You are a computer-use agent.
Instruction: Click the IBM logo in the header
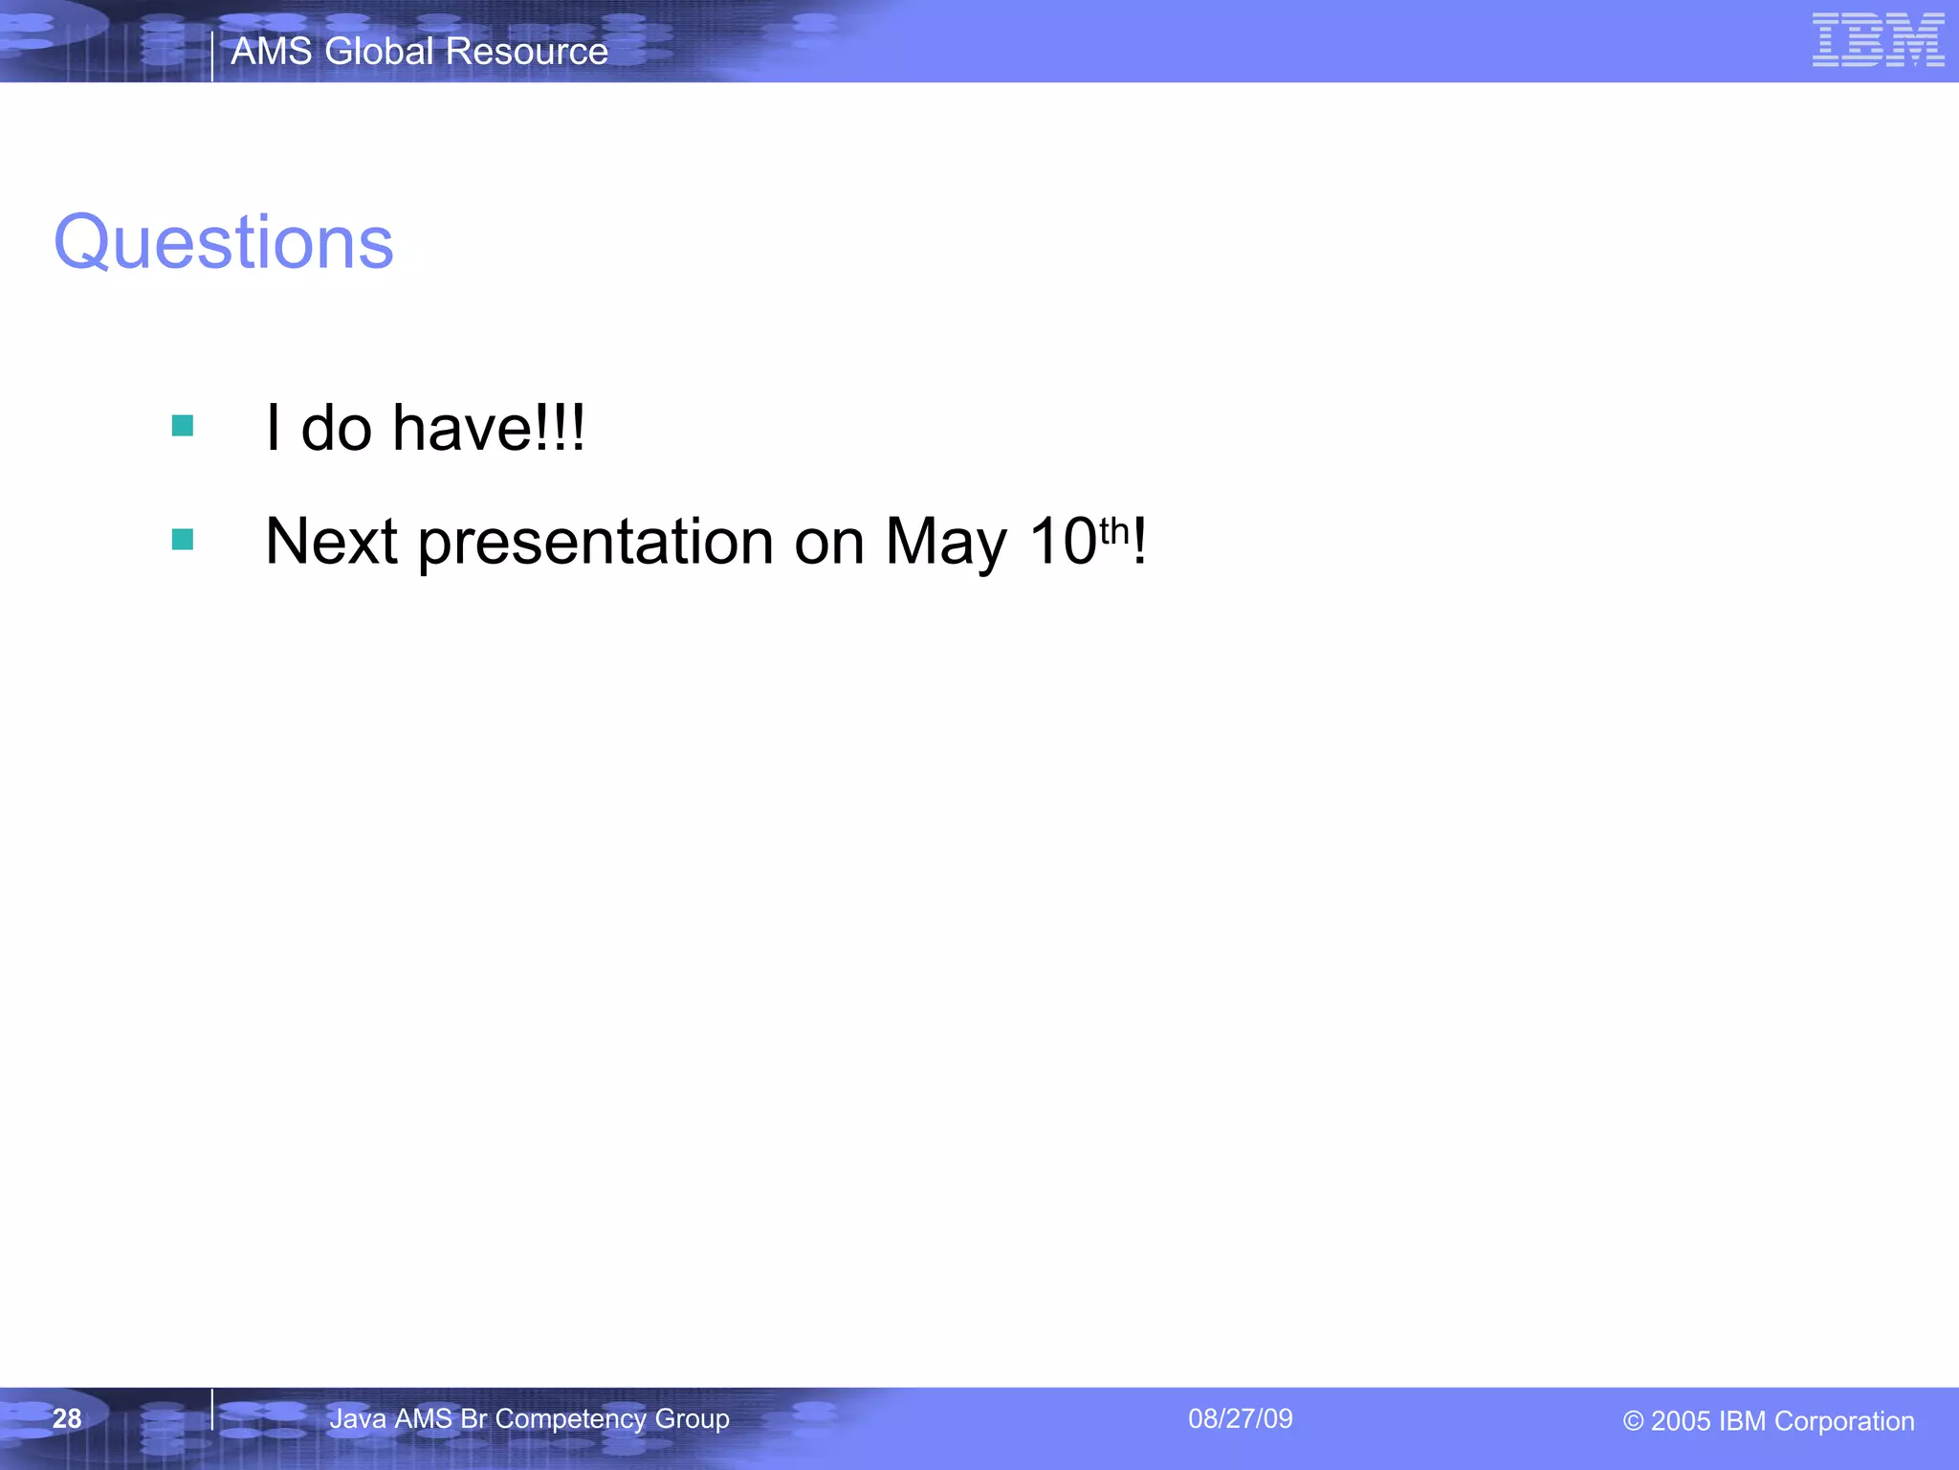point(1878,40)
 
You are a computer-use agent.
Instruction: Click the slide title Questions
point(223,242)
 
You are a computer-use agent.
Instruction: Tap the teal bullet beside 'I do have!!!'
point(183,426)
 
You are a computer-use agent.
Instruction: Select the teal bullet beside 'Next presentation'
point(183,540)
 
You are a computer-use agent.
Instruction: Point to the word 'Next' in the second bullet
point(331,542)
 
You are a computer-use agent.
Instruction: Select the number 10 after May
point(1063,542)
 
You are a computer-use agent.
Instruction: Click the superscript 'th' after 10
point(1114,529)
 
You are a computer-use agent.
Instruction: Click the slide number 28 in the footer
point(67,1418)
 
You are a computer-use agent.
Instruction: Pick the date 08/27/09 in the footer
point(1240,1418)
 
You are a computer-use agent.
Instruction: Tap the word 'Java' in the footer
point(358,1418)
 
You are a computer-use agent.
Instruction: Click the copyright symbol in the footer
point(1633,1422)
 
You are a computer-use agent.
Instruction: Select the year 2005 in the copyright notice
point(1681,1421)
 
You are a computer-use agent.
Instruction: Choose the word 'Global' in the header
point(380,52)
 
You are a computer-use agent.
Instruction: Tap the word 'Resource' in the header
point(527,52)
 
